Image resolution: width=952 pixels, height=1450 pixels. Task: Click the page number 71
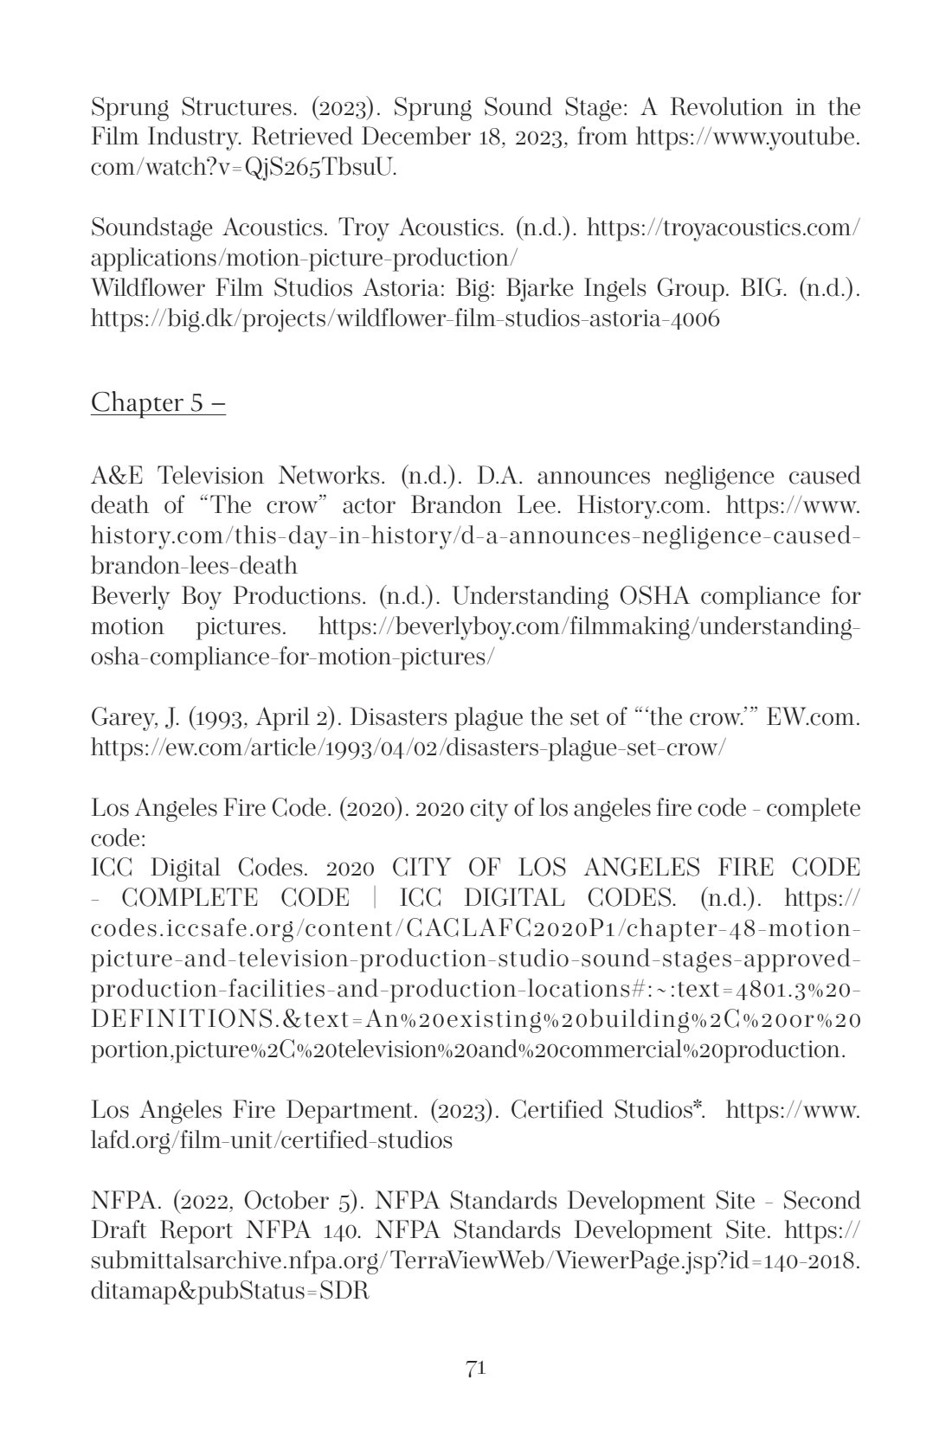click(475, 1368)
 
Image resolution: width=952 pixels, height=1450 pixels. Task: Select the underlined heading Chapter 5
click(158, 402)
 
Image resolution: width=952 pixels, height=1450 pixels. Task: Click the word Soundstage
click(151, 228)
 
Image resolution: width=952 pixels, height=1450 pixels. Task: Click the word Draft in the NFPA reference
click(119, 1230)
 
